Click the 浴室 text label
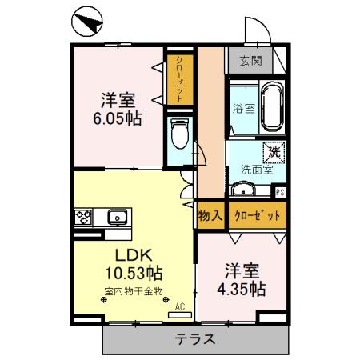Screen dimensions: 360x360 click(x=242, y=109)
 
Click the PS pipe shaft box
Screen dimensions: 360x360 click(x=279, y=192)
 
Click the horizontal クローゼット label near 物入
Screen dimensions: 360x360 click(x=257, y=216)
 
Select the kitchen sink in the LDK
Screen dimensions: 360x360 click(x=116, y=215)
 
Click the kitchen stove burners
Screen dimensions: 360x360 click(x=84, y=215)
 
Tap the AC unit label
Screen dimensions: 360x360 click(x=179, y=306)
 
